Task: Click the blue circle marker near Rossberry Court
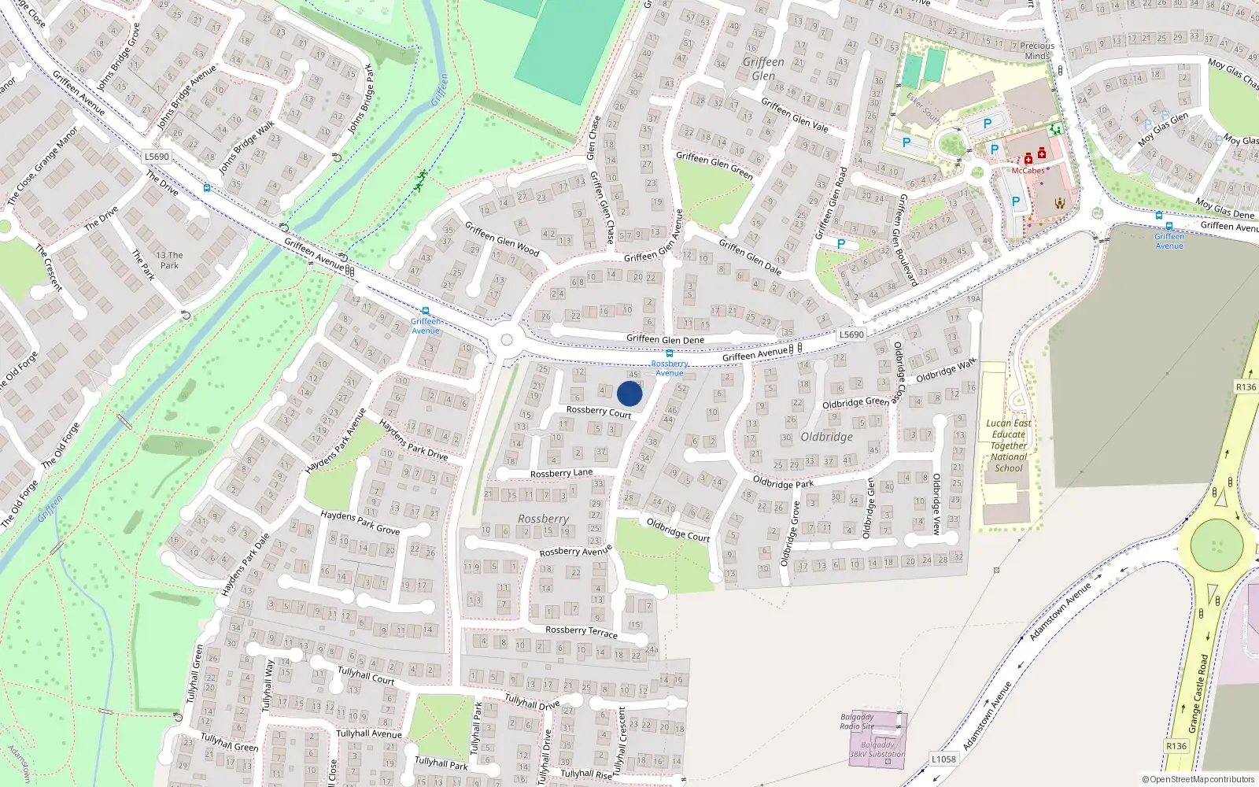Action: [x=629, y=393]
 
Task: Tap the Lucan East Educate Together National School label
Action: [x=1009, y=445]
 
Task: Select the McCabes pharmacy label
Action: [x=1028, y=171]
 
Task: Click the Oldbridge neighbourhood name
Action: [x=826, y=437]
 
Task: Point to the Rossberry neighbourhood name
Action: [x=543, y=519]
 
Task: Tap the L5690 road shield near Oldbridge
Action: [x=851, y=334]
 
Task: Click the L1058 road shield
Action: [x=943, y=759]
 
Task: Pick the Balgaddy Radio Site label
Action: [x=857, y=722]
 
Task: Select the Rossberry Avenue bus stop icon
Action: [x=669, y=353]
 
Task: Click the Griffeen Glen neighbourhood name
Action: [x=763, y=68]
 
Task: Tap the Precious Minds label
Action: [x=1037, y=50]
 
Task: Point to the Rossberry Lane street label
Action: [x=561, y=473]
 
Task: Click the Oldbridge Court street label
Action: [x=678, y=530]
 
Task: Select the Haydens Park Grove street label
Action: [x=360, y=522]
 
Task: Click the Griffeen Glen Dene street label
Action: [x=665, y=339]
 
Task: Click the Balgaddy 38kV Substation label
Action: [x=877, y=749]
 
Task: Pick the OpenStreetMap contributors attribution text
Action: [x=1198, y=780]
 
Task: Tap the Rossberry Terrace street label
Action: [x=582, y=631]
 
